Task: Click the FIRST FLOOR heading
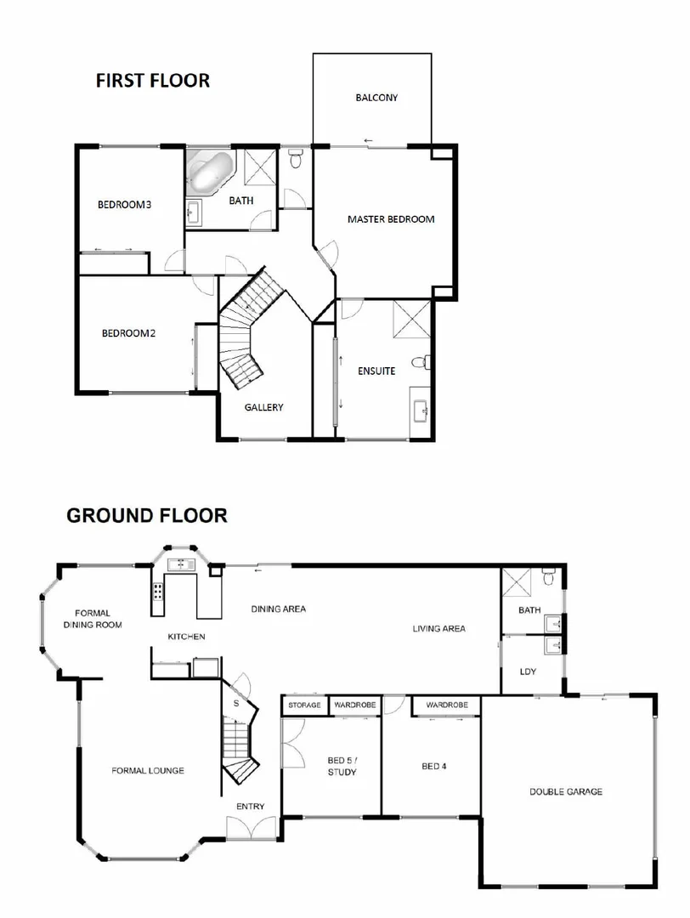coord(152,81)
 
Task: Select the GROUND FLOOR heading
coord(146,515)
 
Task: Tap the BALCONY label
coord(376,98)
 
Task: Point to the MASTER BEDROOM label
coord(390,219)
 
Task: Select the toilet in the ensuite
coord(419,364)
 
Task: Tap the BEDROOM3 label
coord(124,204)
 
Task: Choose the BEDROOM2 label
coord(128,333)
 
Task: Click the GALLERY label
coord(263,407)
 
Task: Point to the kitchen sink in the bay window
coord(180,564)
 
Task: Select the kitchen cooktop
coord(159,593)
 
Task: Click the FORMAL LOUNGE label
coord(148,771)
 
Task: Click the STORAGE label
coord(304,705)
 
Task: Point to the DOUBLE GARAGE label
coord(566,791)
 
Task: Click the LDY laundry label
coord(528,672)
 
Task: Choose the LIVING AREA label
coord(438,629)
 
